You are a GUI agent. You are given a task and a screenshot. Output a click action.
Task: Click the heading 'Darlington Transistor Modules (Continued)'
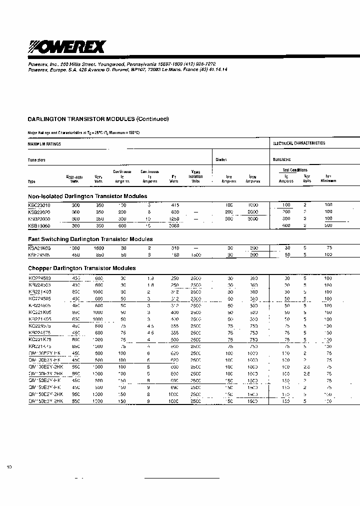point(98,119)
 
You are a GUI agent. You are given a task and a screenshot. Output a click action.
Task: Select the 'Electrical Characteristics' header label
point(298,143)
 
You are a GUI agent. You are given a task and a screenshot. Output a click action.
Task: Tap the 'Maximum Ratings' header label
point(44,144)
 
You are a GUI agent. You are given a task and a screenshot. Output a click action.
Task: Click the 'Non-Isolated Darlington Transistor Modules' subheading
point(87,196)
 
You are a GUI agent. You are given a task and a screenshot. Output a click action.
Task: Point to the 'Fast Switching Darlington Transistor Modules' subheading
point(90,239)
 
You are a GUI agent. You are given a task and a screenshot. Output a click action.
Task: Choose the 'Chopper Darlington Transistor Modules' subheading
point(82,268)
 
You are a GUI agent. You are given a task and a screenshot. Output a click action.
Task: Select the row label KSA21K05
point(39,247)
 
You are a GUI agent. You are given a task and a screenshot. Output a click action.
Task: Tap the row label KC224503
point(39,277)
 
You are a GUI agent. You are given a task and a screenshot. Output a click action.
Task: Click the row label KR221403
point(39,291)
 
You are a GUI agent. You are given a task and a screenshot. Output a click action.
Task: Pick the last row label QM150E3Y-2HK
point(45,401)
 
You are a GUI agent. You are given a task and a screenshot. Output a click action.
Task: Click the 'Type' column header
point(31,181)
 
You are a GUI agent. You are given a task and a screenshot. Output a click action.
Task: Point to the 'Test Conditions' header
point(295,170)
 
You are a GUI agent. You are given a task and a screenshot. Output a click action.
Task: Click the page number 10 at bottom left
point(9,467)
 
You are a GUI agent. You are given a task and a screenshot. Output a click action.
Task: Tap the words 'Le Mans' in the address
point(175,70)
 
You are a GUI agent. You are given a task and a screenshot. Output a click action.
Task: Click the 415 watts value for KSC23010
point(174,204)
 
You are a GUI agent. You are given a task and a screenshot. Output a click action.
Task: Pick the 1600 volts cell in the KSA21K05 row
point(99,247)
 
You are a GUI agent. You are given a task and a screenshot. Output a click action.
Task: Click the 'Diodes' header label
point(221,160)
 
